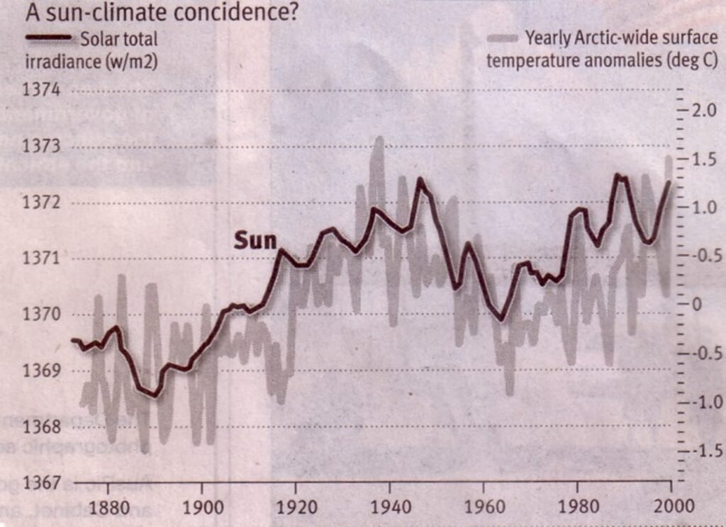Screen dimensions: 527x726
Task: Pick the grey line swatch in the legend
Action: (502, 38)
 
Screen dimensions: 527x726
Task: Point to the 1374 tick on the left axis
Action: (44, 90)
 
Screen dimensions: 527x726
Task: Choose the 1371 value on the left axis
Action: (44, 257)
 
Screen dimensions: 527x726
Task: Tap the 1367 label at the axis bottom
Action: (44, 483)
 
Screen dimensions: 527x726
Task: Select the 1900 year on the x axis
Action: (202, 509)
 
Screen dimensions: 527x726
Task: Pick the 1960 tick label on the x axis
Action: (482, 509)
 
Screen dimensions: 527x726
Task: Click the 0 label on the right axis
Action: (696, 305)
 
